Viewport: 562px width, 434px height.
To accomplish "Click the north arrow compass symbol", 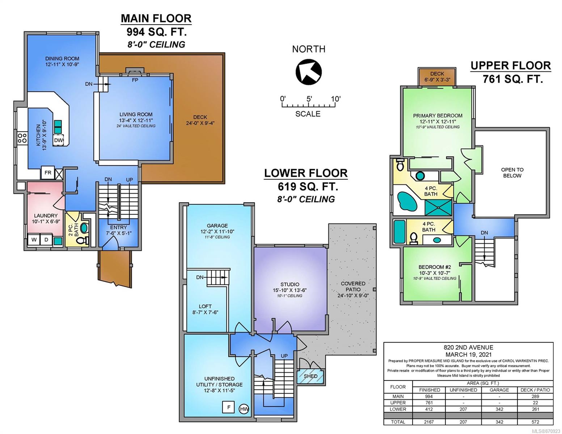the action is point(309,72).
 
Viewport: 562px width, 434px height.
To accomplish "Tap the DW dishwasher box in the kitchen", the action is point(58,140).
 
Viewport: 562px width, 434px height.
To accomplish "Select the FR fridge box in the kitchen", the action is point(48,173).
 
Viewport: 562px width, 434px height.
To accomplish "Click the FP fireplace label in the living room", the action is point(135,80).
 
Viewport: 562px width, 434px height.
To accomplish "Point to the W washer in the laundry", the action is point(34,240).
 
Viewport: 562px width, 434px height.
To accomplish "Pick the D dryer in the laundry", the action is point(47,240).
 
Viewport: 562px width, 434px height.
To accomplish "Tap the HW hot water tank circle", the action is point(244,409).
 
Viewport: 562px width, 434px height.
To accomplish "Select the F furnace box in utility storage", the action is point(229,407).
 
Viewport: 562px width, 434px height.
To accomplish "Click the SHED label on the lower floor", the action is point(310,376).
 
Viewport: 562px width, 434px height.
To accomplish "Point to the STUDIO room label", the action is point(290,284).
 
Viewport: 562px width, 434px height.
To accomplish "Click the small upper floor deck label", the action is point(438,74).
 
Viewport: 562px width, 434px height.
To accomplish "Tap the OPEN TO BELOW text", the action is point(512,173).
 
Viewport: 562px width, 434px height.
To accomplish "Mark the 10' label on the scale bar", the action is point(336,99).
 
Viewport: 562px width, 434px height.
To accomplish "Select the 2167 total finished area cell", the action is point(429,422).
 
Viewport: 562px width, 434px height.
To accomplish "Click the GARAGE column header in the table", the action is point(499,390).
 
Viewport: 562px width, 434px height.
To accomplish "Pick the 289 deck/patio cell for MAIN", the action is point(535,396).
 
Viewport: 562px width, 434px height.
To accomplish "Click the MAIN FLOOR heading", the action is point(156,18).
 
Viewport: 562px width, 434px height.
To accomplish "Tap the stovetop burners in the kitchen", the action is point(22,138).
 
